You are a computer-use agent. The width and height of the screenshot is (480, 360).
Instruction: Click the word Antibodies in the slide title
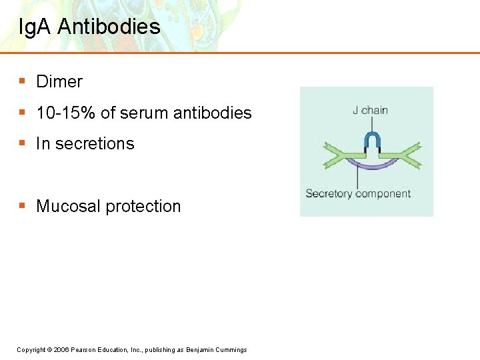109,27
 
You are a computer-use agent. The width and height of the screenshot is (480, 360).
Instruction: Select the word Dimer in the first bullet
59,82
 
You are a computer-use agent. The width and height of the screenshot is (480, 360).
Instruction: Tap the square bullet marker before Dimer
22,81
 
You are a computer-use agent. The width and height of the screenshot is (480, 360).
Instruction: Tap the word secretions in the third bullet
95,144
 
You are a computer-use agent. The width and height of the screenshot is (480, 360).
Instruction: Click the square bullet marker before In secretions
22,143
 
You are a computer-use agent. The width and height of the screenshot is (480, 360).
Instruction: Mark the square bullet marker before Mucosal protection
22,206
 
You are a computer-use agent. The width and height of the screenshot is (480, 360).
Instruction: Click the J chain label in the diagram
370,111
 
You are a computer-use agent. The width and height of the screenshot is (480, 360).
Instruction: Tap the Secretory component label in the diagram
358,194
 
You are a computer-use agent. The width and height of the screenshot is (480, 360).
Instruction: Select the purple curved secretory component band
371,165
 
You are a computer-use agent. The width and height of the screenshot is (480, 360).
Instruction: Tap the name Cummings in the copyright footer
230,350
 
